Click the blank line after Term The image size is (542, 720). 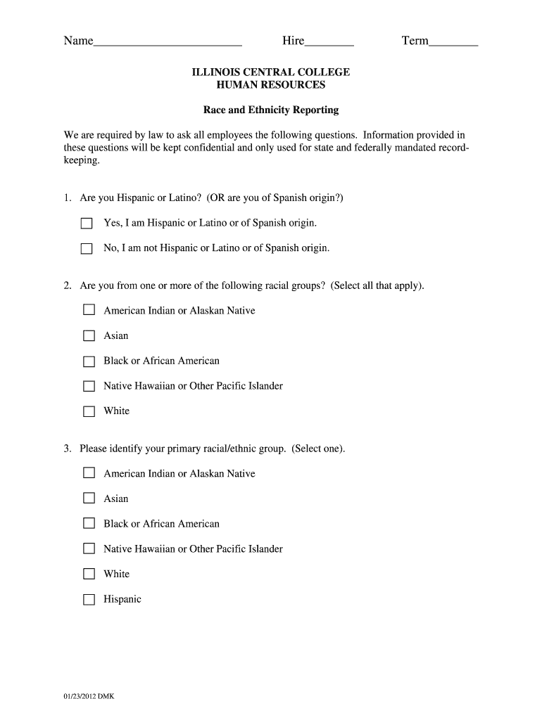(453, 42)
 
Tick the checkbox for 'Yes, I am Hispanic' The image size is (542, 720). (87, 224)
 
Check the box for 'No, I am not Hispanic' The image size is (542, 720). (87, 248)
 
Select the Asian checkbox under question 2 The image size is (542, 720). (89, 336)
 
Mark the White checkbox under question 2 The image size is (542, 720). (89, 411)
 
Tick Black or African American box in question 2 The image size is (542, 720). (89, 361)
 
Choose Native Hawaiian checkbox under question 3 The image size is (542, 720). (89, 549)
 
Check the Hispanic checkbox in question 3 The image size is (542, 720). (89, 600)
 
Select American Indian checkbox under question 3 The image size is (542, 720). (89, 474)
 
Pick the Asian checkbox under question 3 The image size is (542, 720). (89, 499)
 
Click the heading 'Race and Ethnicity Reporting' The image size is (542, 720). (271, 110)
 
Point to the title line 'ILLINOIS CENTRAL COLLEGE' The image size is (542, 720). (271, 72)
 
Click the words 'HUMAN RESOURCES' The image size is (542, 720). (271, 85)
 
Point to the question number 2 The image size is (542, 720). (68, 286)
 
